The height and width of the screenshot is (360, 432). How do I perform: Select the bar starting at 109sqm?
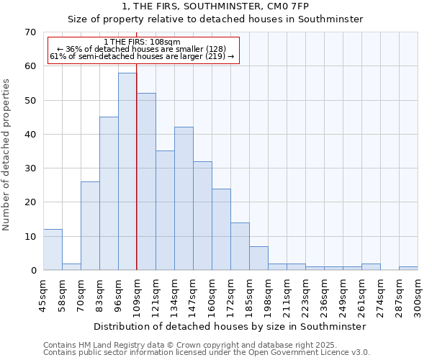tap(146, 181)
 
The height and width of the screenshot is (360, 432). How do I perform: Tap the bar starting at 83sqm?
tap(109, 194)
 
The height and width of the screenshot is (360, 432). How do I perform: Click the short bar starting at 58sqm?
tap(71, 267)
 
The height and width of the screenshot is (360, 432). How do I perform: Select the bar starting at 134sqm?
tap(184, 199)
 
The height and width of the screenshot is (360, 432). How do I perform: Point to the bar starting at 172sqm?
tap(240, 246)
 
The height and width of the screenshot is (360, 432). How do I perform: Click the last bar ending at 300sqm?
tap(408, 269)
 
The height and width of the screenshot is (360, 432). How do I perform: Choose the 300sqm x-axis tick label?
tap(418, 294)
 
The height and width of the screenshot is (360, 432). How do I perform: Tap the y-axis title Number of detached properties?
tap(7, 156)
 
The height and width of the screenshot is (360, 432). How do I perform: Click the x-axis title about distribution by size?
tap(230, 326)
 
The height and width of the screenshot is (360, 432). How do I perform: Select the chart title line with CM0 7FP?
tap(215, 6)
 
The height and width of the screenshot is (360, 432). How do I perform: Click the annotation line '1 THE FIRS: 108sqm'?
tap(142, 42)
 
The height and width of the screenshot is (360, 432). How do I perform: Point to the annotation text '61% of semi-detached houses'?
tap(142, 56)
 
